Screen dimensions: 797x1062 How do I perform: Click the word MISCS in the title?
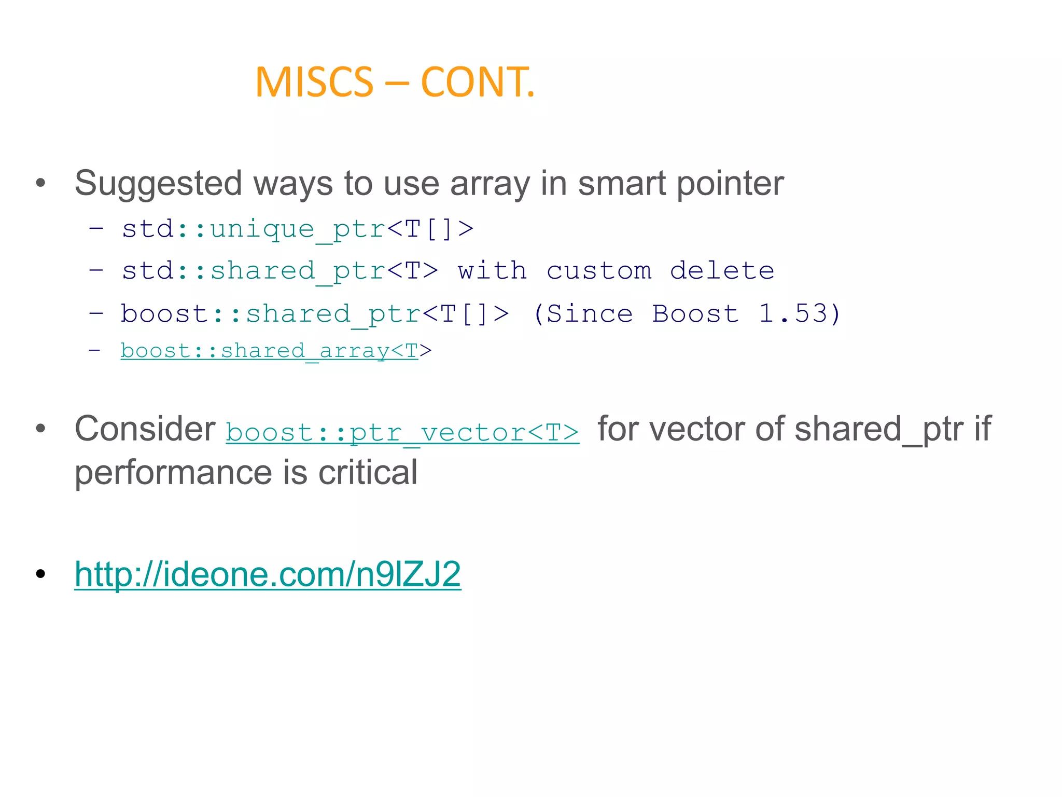coord(314,83)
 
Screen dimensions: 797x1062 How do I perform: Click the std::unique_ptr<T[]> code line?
coord(298,229)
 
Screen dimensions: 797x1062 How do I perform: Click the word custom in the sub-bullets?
coord(599,271)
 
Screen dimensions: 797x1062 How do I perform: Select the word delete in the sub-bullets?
coord(722,271)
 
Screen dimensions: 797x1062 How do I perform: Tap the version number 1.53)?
coord(799,313)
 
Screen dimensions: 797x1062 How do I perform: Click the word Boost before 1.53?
coord(695,313)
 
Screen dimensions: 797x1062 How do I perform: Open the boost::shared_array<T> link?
coord(270,351)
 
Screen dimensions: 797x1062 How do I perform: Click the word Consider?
coord(145,429)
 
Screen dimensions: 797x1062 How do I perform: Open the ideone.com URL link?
coord(268,574)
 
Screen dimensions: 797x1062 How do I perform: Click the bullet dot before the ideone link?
coord(41,574)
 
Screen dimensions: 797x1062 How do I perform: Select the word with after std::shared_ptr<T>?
coord(492,271)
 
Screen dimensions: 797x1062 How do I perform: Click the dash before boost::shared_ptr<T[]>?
coord(96,313)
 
